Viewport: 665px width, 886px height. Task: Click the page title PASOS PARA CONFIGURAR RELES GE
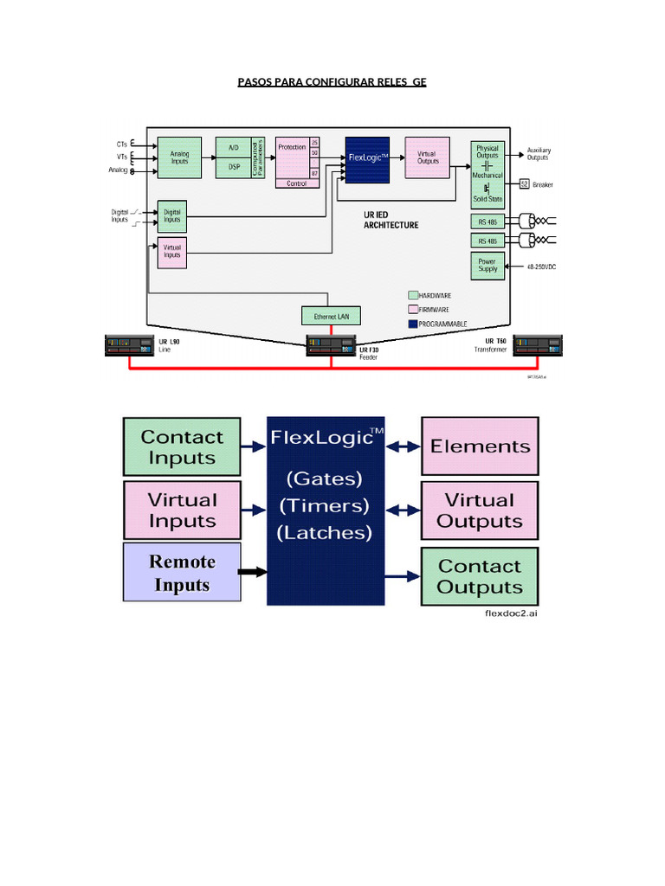332,82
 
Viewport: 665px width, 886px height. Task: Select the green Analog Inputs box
179,157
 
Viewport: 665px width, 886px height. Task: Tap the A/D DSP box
233,157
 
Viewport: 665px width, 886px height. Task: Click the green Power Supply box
487,266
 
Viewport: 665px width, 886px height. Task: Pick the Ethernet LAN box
331,316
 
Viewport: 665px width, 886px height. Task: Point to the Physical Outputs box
487,151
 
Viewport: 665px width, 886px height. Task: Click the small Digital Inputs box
172,215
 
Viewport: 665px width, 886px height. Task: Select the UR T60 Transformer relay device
538,346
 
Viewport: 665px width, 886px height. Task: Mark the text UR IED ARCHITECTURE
391,219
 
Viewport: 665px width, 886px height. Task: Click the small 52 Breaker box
524,184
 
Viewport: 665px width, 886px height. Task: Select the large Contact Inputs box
182,446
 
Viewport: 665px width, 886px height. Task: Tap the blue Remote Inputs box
182,573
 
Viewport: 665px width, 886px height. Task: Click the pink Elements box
480,446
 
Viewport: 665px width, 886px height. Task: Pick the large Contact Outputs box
480,576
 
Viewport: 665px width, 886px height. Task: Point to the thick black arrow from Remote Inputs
252,573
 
